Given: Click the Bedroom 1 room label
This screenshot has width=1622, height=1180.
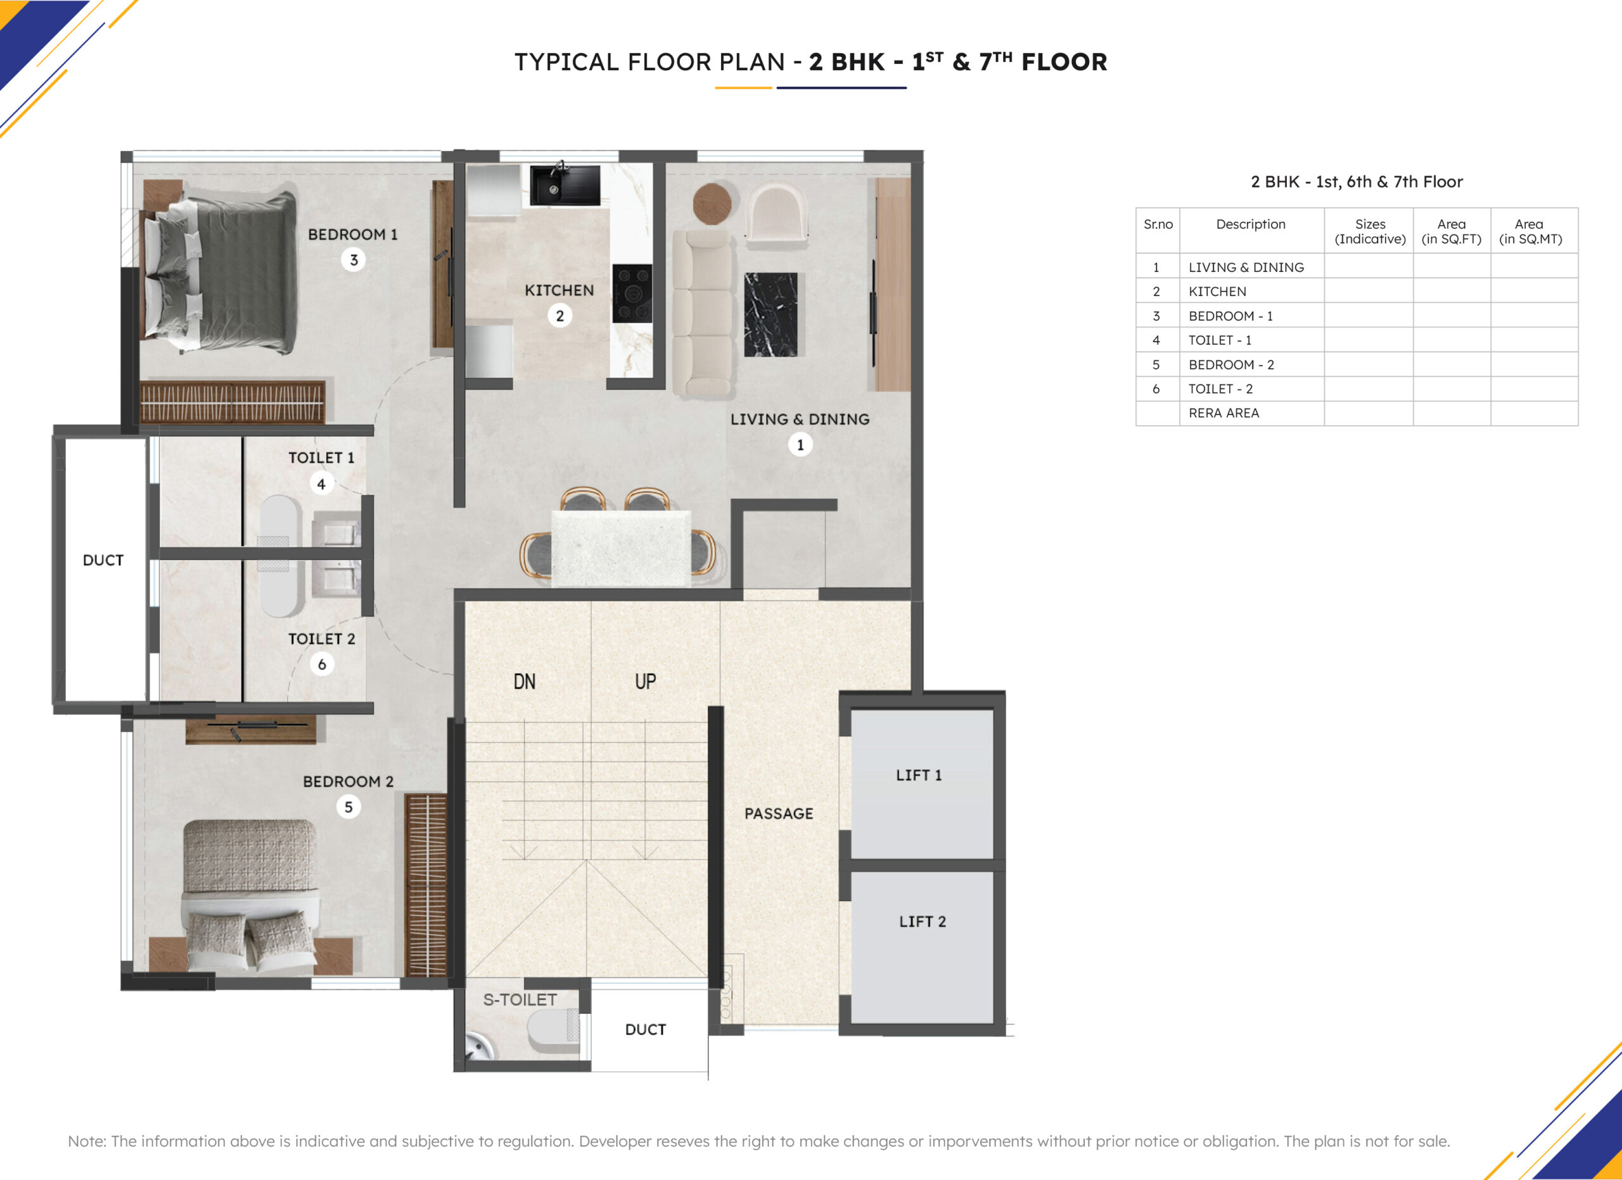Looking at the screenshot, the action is pos(352,234).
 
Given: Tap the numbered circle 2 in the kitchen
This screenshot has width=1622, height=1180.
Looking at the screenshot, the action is pos(560,316).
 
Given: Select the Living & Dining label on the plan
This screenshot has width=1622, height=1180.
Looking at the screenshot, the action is pos(800,419).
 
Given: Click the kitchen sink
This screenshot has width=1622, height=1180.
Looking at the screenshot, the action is pos(565,185).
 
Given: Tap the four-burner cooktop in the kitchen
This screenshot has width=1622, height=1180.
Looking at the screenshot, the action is pos(632,293).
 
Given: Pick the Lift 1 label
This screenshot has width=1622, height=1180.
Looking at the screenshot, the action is pos(919,775).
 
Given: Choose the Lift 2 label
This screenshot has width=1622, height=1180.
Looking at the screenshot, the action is pos(923,922).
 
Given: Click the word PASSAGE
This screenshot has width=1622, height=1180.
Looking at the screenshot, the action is pos(779,814).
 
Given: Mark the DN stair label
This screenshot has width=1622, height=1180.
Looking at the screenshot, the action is pos(524,681).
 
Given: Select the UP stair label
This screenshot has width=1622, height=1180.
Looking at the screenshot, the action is pos(645,681).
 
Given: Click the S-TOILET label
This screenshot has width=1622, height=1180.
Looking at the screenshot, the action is pos(520,1000).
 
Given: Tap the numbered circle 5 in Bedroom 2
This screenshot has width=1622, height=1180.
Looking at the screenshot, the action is pos(348,807).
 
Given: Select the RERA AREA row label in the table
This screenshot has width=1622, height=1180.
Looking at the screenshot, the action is pos(1223,413).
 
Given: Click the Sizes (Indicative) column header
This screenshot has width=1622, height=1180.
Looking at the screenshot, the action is pos(1370,232).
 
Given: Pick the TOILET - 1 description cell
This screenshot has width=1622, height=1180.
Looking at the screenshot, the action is pos(1220,340).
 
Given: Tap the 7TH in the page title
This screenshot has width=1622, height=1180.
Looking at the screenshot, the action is pos(995,61).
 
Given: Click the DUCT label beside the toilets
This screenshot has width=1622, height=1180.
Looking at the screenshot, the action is pos(103,561).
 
